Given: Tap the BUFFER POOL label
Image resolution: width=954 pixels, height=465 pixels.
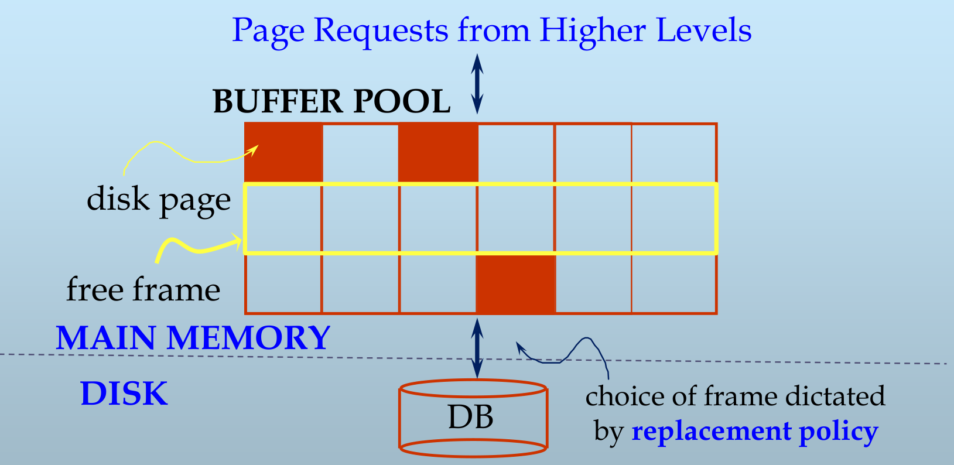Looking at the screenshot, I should pyautogui.click(x=331, y=101).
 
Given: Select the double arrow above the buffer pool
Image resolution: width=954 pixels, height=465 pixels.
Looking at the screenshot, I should pyautogui.click(x=477, y=83).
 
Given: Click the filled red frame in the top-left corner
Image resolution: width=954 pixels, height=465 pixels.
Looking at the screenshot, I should pyautogui.click(x=283, y=152).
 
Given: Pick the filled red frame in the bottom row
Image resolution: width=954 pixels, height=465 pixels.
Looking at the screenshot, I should pyautogui.click(x=515, y=283).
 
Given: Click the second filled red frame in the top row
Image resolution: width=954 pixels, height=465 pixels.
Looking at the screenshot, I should pyautogui.click(x=438, y=152).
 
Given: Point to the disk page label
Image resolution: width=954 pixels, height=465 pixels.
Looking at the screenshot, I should pyautogui.click(x=159, y=200).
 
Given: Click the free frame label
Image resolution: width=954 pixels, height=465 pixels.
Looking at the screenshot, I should pyautogui.click(x=143, y=290).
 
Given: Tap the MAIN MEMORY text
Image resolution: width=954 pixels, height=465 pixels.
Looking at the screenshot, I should pyautogui.click(x=193, y=338).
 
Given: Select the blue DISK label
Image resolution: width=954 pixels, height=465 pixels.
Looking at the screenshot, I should pyautogui.click(x=124, y=394).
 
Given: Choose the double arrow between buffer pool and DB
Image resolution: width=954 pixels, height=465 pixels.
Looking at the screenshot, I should pyautogui.click(x=477, y=348).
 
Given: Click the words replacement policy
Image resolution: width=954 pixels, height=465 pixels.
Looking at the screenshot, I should pyautogui.click(x=754, y=432).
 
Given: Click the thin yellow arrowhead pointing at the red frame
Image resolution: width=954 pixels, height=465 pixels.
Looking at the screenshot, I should pyautogui.click(x=253, y=149).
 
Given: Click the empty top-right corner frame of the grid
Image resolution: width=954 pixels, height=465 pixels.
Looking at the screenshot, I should pyautogui.click(x=674, y=153).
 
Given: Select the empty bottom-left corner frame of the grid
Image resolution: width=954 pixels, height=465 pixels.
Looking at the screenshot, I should pyautogui.click(x=283, y=283).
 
